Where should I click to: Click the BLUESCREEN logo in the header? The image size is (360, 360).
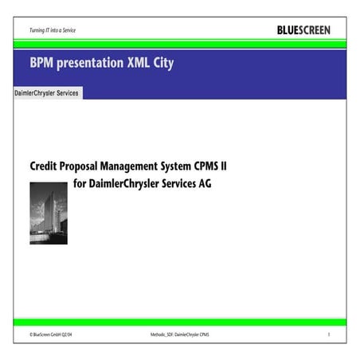pyautogui.click(x=303, y=30)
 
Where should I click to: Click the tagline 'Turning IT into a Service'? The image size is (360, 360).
pyautogui.click(x=53, y=31)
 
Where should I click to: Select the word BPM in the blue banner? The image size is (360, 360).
pyautogui.click(x=44, y=63)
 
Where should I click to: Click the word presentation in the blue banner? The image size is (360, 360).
pyautogui.click(x=92, y=63)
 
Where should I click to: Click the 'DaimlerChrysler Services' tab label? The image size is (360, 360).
pyautogui.click(x=47, y=93)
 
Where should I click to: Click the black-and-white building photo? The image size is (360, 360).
pyautogui.click(x=49, y=213)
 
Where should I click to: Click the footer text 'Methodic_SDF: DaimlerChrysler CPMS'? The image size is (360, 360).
pyautogui.click(x=179, y=336)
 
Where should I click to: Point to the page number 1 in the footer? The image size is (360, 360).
pyautogui.click(x=328, y=336)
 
